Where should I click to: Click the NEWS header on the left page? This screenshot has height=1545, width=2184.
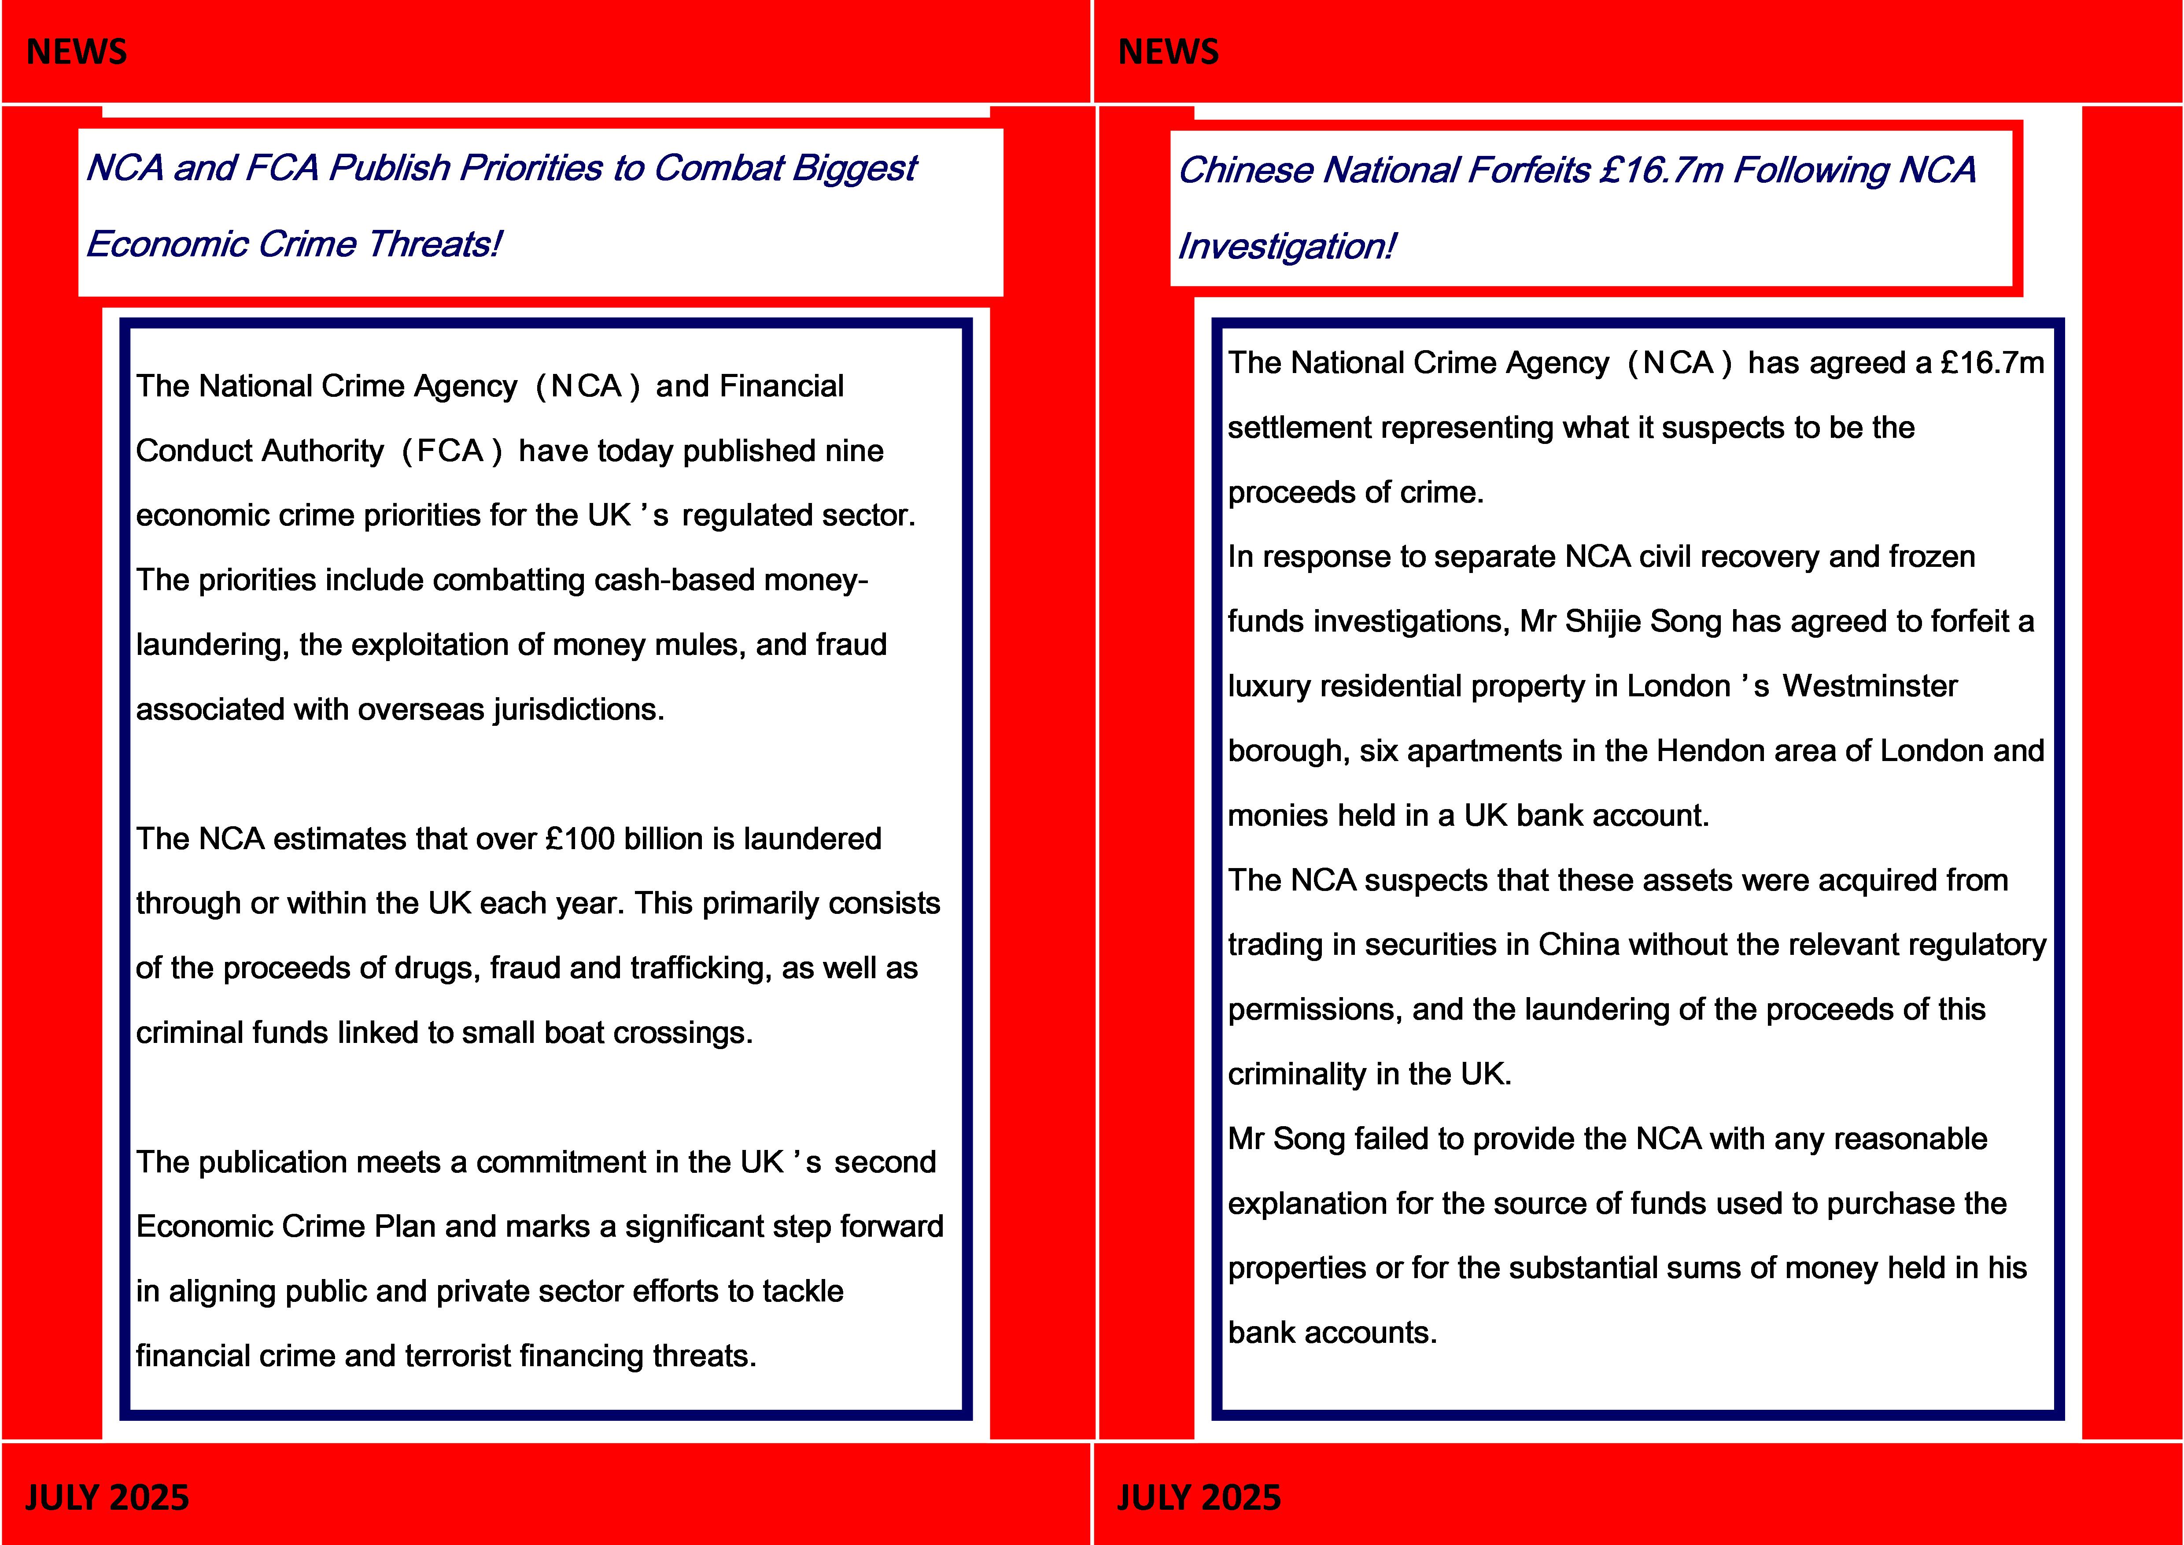coord(76,52)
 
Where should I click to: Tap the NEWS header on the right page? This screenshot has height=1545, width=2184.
coord(1168,52)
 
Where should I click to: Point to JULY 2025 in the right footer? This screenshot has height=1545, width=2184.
coord(1199,1497)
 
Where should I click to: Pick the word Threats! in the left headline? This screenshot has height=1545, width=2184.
coord(434,244)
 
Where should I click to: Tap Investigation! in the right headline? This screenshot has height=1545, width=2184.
coord(1286,246)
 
